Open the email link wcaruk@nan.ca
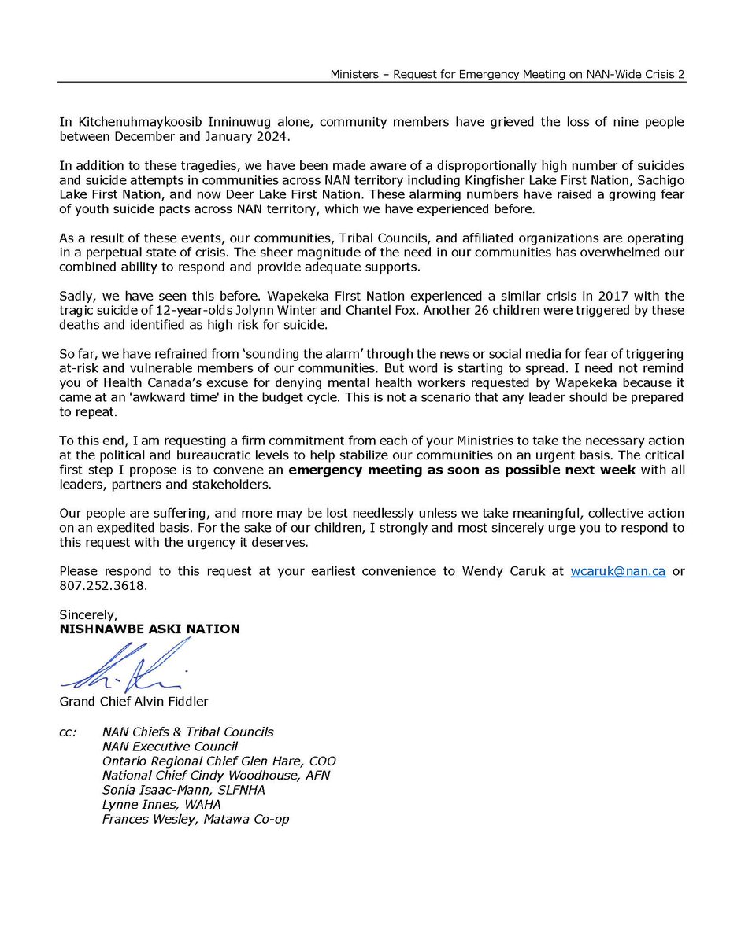(x=617, y=572)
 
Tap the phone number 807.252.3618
(x=103, y=585)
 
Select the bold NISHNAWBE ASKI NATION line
(x=150, y=629)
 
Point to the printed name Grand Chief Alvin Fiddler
(x=134, y=701)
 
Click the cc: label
(x=69, y=732)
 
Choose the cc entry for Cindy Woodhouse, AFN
(x=216, y=775)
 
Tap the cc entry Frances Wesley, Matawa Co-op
(x=195, y=819)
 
